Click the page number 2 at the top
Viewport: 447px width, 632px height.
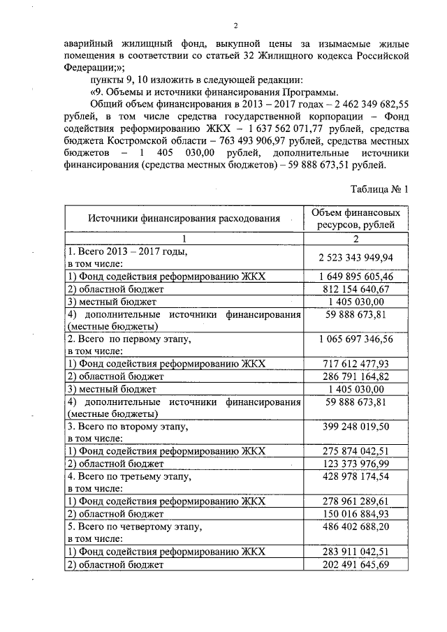(236, 26)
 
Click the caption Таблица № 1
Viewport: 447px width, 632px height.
(377, 189)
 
